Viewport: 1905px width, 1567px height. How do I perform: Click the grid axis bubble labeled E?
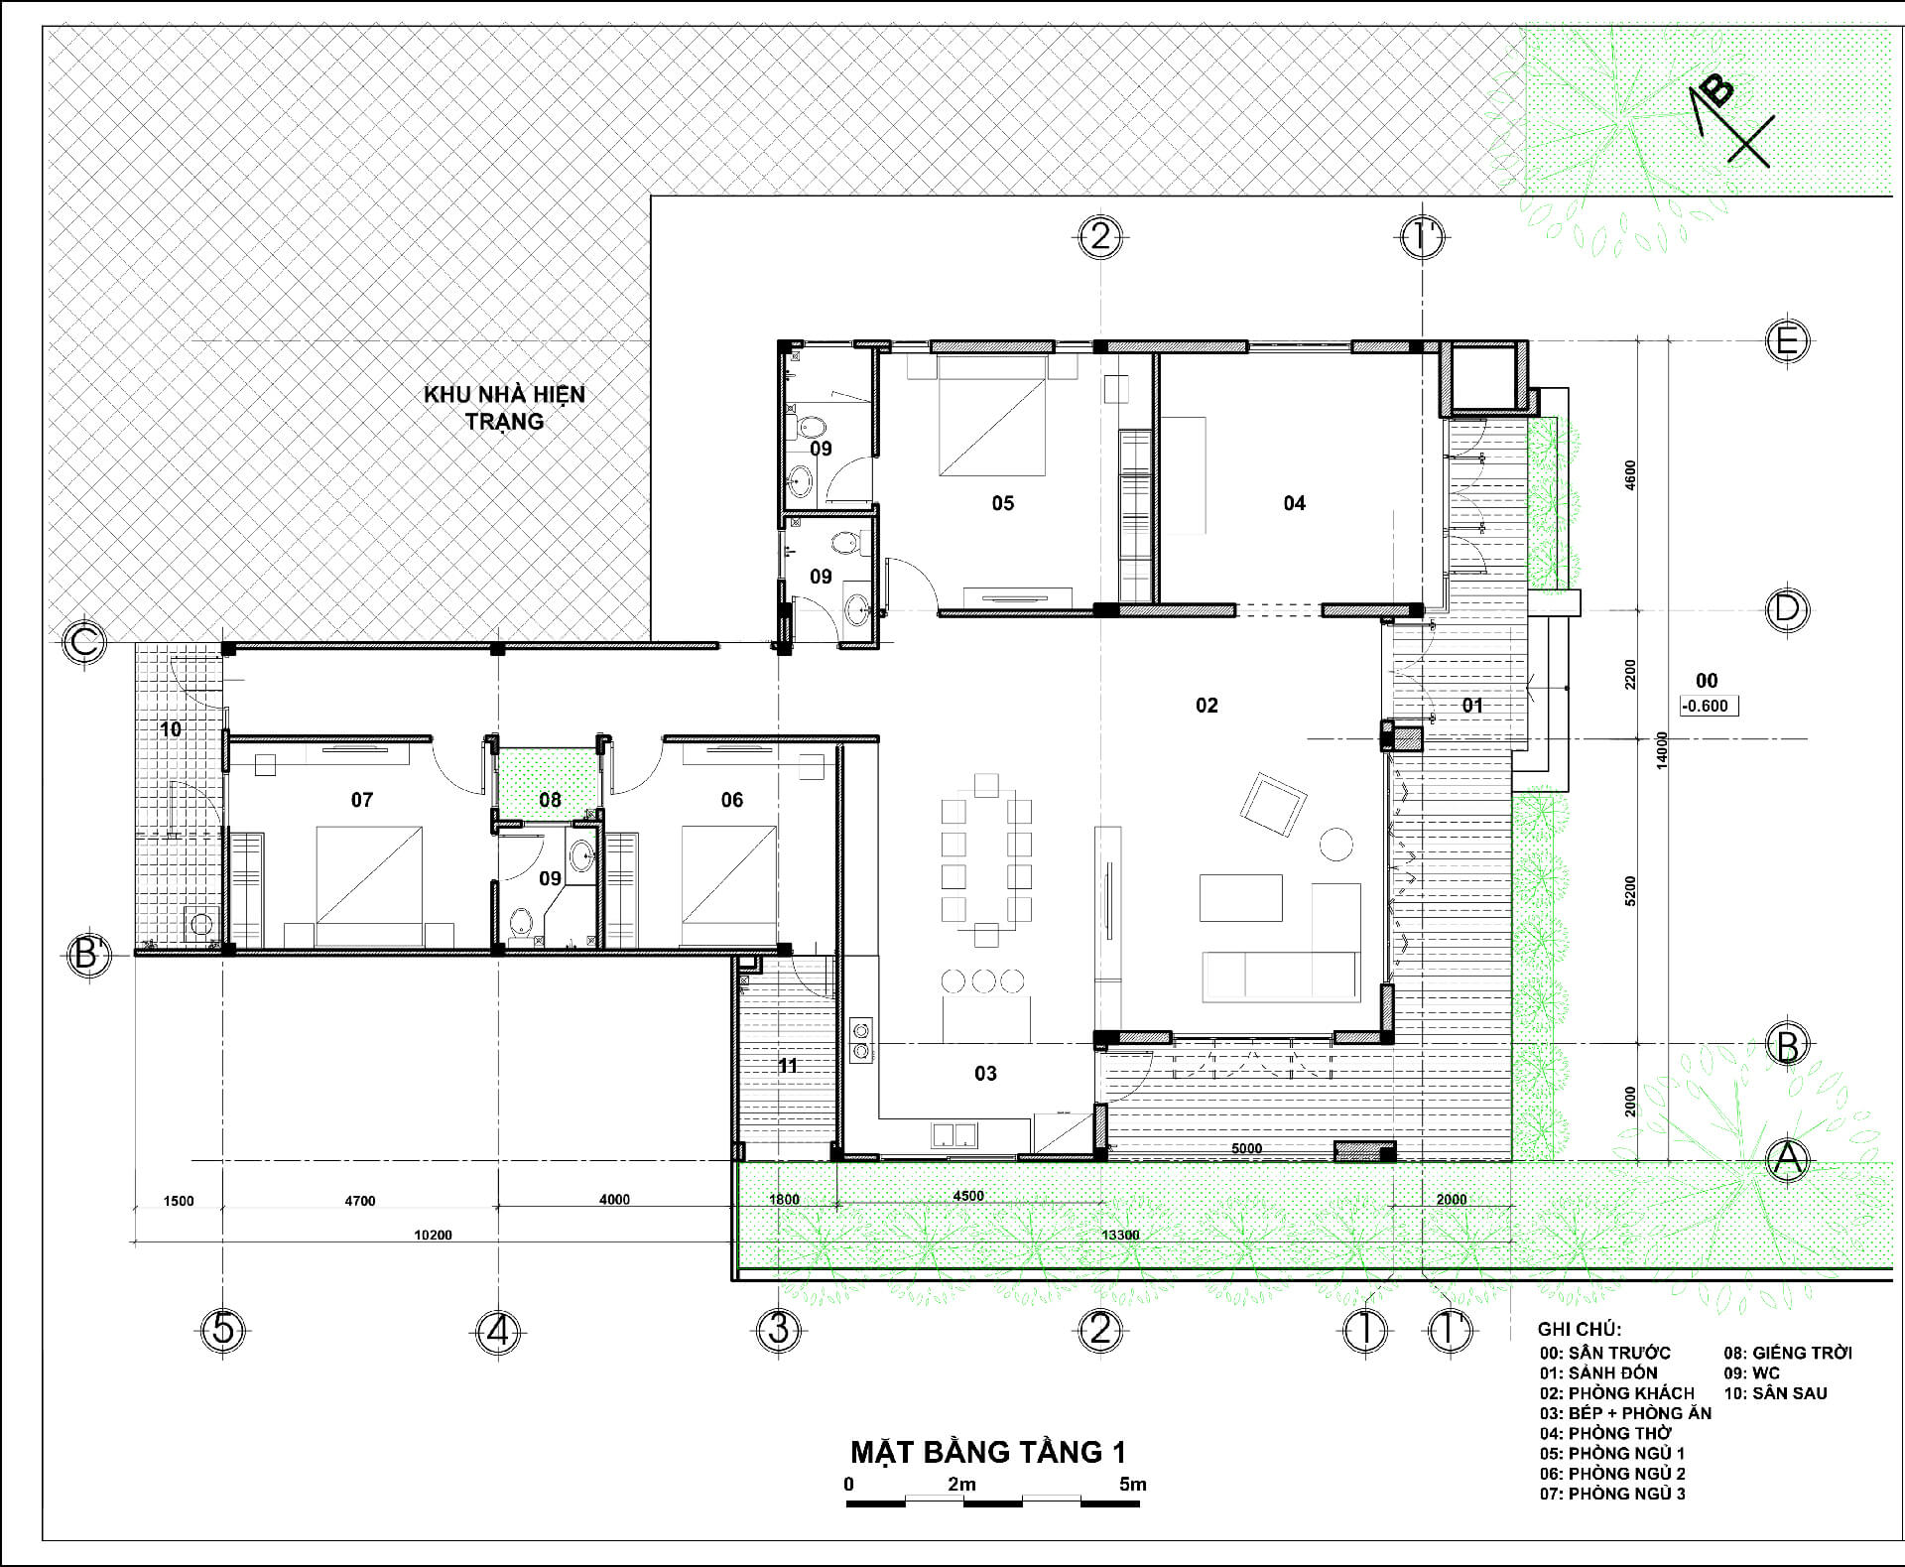(1787, 341)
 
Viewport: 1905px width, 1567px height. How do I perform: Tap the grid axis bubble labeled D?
(1787, 608)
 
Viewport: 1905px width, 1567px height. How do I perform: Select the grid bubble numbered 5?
(223, 1329)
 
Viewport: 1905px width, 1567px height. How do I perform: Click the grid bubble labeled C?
(84, 642)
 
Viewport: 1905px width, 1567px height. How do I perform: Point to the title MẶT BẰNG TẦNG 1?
(988, 1451)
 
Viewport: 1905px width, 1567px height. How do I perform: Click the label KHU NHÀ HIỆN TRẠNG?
(504, 407)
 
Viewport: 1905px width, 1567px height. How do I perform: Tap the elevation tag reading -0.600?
(1708, 707)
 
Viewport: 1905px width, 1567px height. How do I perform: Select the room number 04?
(1295, 503)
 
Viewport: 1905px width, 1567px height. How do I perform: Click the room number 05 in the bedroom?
(1003, 503)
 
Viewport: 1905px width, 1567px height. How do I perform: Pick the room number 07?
(362, 800)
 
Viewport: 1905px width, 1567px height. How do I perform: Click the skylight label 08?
(550, 800)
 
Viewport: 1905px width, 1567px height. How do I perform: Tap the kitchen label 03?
(985, 1073)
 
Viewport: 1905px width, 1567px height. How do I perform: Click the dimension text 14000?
(1663, 750)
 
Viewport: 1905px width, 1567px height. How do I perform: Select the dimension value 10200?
(433, 1236)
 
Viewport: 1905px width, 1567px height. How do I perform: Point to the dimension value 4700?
(360, 1201)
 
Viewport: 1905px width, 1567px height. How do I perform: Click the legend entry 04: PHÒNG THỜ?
(1605, 1433)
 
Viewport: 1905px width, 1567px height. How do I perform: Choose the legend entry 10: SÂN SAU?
(1775, 1393)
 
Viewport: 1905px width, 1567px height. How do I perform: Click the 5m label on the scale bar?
(1133, 1485)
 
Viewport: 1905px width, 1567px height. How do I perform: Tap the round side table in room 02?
(1335, 844)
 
